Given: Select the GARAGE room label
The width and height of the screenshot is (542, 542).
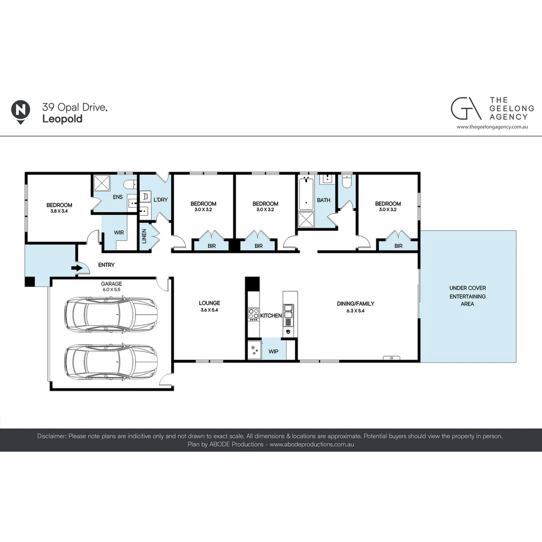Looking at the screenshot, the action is tap(111, 284).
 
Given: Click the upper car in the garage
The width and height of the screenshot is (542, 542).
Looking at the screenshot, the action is tap(111, 314).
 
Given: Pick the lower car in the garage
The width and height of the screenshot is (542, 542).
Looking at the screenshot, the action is tap(111, 362).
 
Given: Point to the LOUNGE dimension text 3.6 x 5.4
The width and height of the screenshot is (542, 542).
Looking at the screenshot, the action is tap(209, 310).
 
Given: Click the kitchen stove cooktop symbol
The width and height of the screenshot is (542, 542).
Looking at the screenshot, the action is tap(254, 314).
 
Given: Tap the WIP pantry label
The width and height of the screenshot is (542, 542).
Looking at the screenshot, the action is tap(274, 351).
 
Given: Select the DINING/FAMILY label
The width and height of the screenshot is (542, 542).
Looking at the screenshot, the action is tap(356, 304).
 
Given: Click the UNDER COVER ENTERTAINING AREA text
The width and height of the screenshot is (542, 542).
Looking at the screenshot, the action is tap(468, 296).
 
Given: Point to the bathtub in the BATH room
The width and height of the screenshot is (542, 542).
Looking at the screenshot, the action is tap(306, 194).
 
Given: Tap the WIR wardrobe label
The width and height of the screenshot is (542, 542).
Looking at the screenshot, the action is tap(119, 233).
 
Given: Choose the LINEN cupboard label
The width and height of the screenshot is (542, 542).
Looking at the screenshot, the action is tap(144, 236).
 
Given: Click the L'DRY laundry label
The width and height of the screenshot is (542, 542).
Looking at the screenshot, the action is tap(161, 200).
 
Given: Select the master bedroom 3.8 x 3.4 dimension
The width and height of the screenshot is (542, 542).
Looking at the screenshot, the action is tap(59, 211).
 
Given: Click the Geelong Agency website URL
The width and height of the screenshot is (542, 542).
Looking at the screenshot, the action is tap(492, 127).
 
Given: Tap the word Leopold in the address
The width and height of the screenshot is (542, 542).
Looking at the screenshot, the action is tap(63, 118).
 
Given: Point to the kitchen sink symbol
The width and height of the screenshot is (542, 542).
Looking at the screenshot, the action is tap(288, 311).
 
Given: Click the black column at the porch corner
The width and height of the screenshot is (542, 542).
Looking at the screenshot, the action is tap(30, 282).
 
